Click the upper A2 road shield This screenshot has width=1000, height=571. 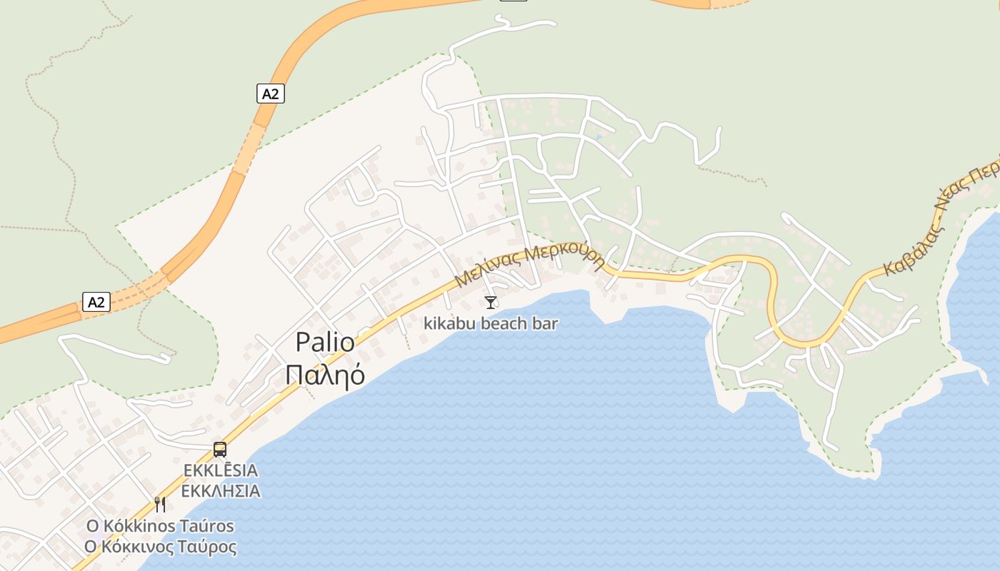tap(270, 93)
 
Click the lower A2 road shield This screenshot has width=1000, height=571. tap(96, 302)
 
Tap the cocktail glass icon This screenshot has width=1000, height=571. tap(490, 303)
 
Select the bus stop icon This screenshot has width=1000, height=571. tap(220, 450)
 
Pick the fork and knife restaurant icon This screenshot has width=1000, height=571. tap(160, 505)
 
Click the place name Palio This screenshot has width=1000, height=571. tap(325, 343)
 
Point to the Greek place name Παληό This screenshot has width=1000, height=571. tap(325, 375)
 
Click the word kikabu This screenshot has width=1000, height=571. tap(447, 323)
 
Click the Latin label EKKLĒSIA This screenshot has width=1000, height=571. tap(220, 471)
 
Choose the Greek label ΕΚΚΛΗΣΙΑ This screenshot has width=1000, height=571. tap(220, 491)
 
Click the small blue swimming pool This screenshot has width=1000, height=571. tap(599, 136)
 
